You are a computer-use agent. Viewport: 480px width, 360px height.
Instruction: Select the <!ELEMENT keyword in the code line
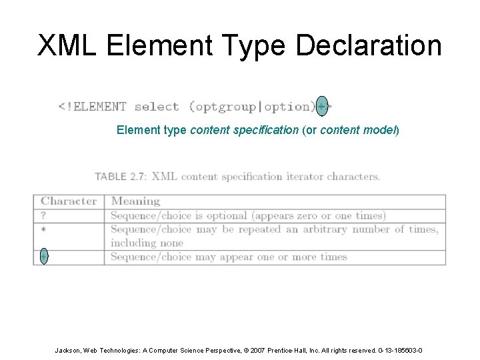92,106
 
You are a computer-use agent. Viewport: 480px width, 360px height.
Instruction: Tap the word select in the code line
157,106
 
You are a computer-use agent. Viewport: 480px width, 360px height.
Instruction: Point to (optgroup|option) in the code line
252,106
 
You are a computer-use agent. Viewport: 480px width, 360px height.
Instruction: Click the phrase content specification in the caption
245,129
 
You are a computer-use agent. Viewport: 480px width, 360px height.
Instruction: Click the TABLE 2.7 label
120,177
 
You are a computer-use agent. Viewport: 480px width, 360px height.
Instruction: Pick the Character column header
69,201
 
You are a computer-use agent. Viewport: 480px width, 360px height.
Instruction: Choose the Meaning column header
135,201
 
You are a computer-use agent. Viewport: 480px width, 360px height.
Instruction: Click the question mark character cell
44,215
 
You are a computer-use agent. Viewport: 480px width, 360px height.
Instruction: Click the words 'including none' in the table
143,243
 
